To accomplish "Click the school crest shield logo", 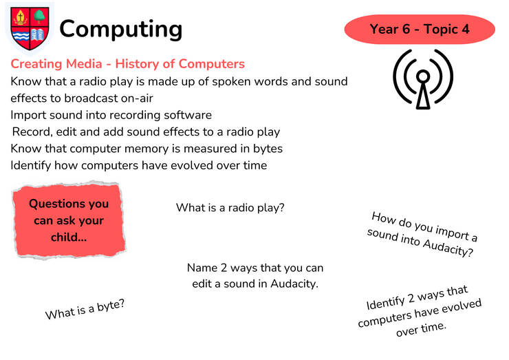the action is (30, 28).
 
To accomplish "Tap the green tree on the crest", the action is (39, 17).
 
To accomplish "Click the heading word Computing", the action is (121, 30).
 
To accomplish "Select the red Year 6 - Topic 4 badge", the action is (420, 29).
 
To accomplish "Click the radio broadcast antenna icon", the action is (423, 79).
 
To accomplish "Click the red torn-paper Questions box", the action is (69, 220).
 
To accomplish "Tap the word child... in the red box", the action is (69, 237).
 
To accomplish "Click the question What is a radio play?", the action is (230, 208).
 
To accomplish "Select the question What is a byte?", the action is (85, 309).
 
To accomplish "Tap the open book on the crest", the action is (37, 34).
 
